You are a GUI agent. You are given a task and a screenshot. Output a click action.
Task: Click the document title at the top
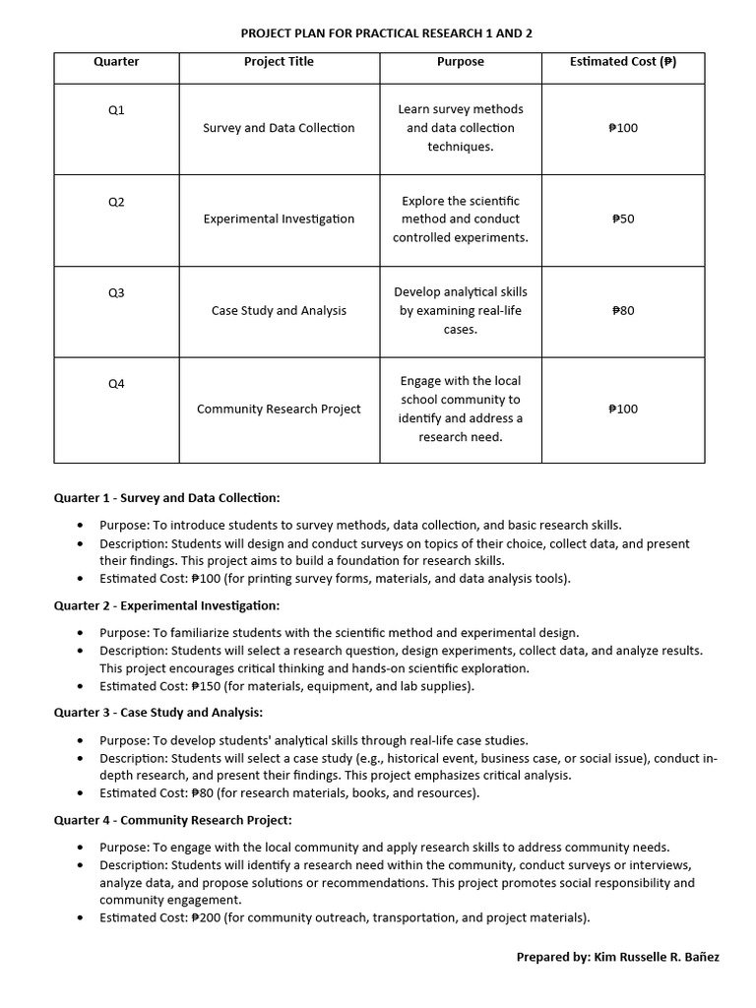click(386, 33)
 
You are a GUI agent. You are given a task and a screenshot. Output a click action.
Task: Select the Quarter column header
click(116, 62)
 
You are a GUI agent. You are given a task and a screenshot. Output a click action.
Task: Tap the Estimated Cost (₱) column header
click(622, 62)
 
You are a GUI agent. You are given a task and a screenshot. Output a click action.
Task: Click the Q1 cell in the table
click(116, 110)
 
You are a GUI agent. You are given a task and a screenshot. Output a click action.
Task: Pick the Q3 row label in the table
click(116, 292)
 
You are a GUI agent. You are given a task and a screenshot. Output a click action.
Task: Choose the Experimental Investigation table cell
click(279, 219)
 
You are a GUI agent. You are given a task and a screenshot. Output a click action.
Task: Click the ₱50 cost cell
click(622, 219)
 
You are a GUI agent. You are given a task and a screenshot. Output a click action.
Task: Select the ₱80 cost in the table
click(622, 310)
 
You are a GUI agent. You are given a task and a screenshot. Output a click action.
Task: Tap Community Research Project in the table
click(279, 409)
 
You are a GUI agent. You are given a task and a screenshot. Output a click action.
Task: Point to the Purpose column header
click(460, 62)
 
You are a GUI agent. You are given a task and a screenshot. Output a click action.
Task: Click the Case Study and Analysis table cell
click(279, 310)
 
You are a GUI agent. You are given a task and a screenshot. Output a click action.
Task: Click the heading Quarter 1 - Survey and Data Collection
click(166, 498)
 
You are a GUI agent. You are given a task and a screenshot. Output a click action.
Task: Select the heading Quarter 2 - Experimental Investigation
click(166, 605)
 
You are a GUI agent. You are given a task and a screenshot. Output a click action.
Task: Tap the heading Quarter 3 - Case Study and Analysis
click(157, 712)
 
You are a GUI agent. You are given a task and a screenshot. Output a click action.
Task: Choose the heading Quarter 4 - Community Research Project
click(172, 819)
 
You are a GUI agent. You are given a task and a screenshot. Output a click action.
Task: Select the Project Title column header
click(279, 62)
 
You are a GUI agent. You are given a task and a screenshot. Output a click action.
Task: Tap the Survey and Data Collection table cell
click(279, 128)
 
